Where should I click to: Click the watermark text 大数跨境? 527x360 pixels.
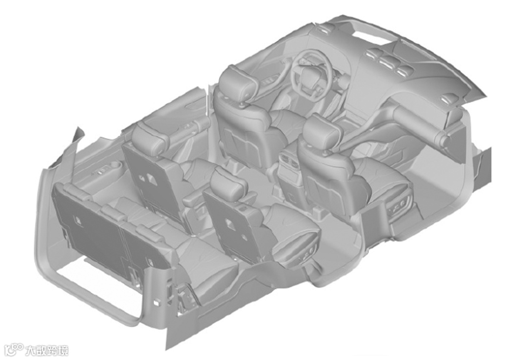click(x=47, y=350)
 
